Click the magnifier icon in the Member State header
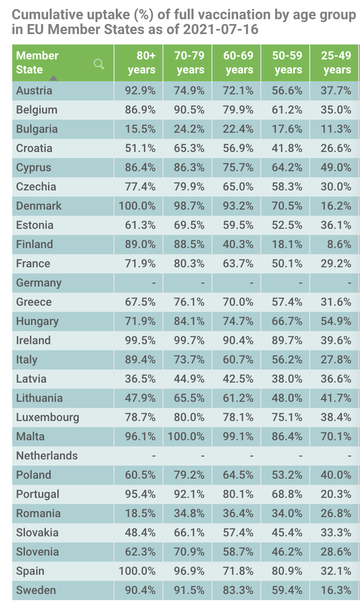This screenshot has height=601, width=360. (x=99, y=64)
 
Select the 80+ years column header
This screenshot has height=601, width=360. (x=142, y=63)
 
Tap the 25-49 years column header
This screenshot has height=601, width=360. (x=337, y=63)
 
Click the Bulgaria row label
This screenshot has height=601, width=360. (x=37, y=129)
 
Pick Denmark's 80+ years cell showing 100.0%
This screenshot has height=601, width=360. (x=137, y=206)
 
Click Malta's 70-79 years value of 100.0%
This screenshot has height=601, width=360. (x=186, y=436)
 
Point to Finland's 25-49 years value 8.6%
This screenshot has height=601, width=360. (x=339, y=244)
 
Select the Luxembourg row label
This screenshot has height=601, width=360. (x=48, y=417)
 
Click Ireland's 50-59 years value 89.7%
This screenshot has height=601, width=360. (x=287, y=340)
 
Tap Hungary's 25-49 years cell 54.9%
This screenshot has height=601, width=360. (x=336, y=321)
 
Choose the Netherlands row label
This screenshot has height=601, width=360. (x=47, y=456)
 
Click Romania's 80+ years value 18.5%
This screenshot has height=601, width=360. (x=141, y=513)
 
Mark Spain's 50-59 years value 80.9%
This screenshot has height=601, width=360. (x=287, y=571)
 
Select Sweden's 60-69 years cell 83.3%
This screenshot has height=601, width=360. (x=239, y=590)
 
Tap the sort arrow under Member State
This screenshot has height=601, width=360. (x=53, y=78)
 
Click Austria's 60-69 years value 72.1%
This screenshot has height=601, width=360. (x=239, y=90)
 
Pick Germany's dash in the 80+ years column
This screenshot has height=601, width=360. (x=153, y=283)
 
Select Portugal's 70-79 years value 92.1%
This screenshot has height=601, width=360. (x=190, y=494)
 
